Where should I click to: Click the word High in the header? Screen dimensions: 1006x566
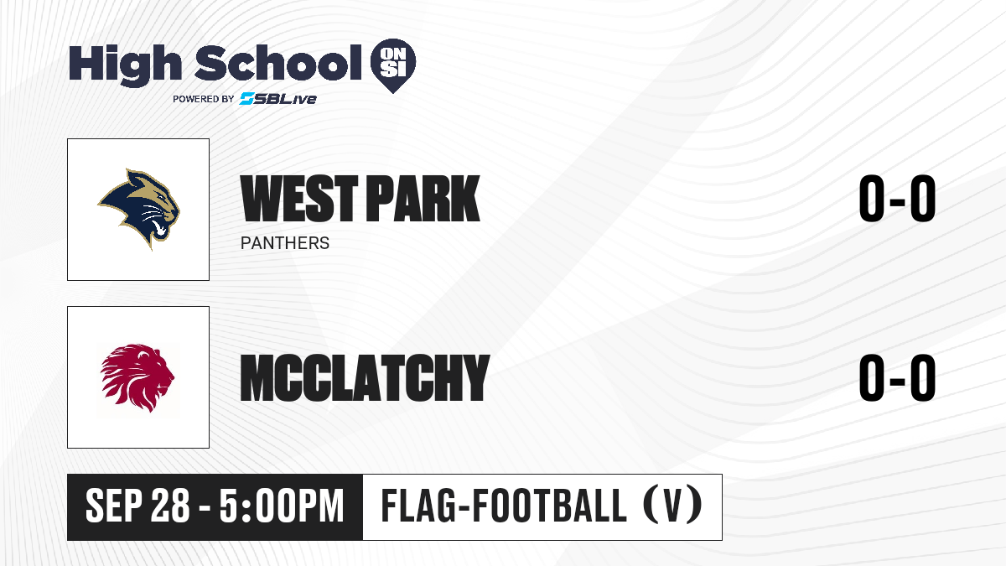(x=125, y=65)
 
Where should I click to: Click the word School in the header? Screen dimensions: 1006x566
(x=278, y=63)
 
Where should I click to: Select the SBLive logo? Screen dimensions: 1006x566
(x=278, y=99)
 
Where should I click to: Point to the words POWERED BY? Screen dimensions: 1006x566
(x=204, y=99)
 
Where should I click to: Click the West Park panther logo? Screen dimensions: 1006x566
(x=139, y=209)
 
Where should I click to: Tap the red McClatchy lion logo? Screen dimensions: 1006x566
(x=137, y=377)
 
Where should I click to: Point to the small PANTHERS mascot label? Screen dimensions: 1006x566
(x=285, y=243)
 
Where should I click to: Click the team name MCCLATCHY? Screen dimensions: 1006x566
(x=365, y=377)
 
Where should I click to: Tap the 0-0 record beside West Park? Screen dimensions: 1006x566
(x=897, y=199)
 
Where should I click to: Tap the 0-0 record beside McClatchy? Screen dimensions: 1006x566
(x=897, y=377)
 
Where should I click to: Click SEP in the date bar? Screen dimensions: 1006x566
(x=114, y=506)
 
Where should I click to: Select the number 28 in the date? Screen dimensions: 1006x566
(x=170, y=506)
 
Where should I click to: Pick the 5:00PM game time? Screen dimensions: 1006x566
(x=282, y=506)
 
